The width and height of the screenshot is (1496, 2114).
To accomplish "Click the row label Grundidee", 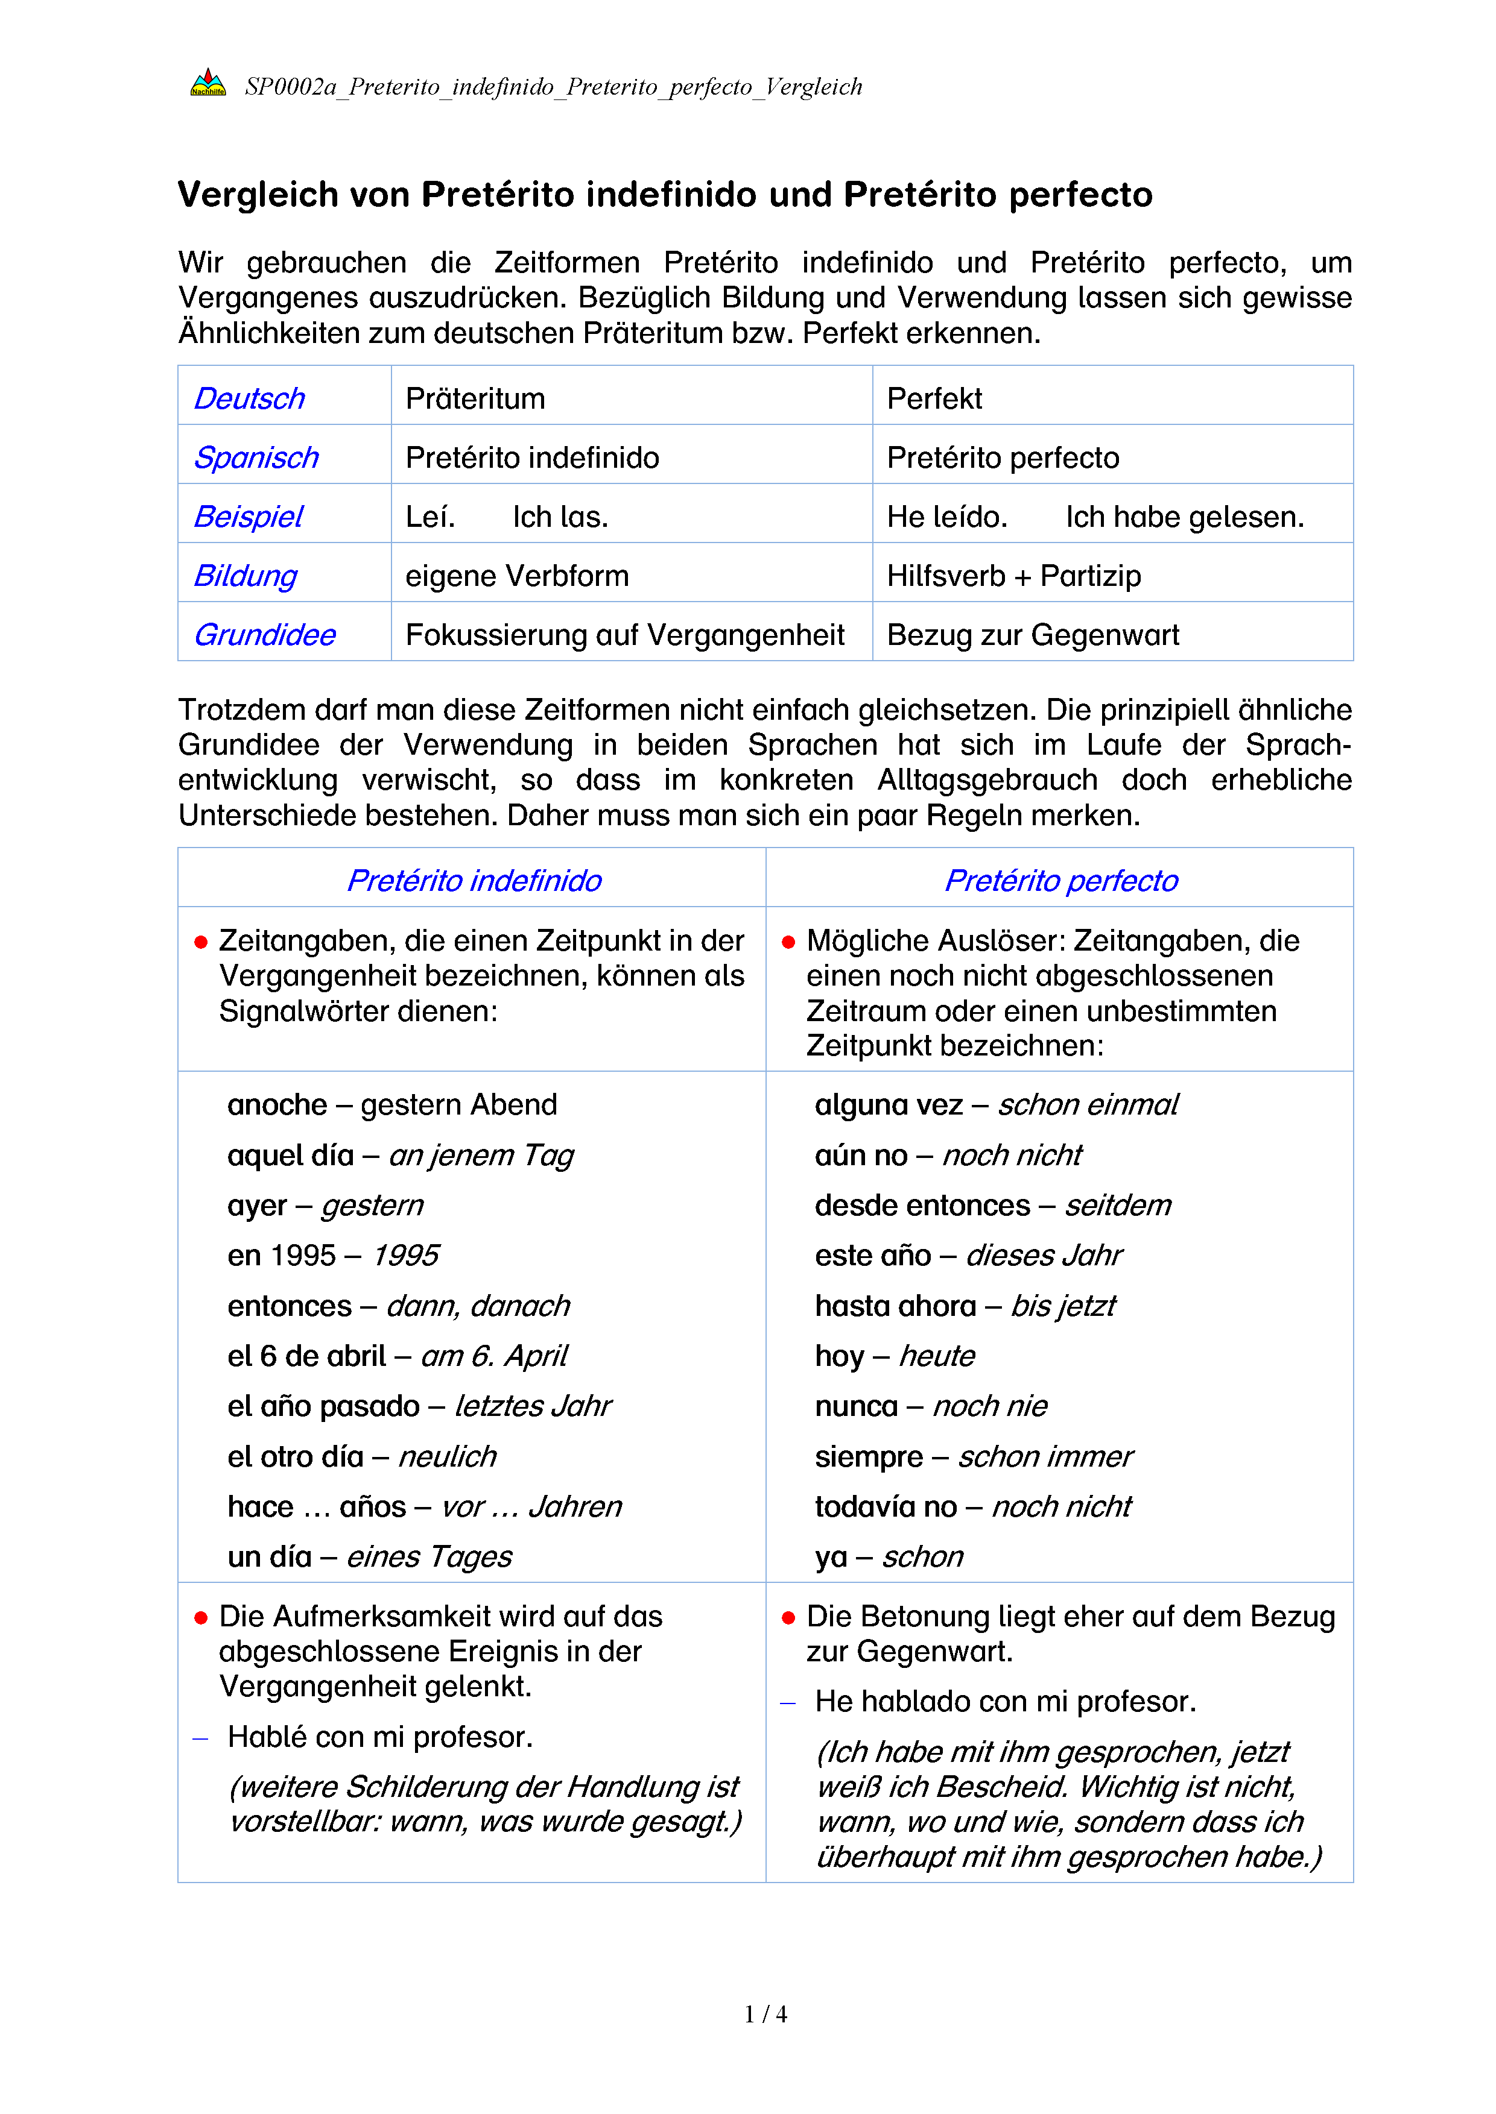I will (x=264, y=634).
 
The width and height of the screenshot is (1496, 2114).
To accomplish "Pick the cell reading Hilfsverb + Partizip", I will (x=1013, y=576).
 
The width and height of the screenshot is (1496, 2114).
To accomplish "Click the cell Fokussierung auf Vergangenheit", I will (x=624, y=634).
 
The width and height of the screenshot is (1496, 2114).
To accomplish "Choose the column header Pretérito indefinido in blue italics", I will (x=474, y=880).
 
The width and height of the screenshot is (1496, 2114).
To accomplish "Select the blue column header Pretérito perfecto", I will (x=1060, y=880).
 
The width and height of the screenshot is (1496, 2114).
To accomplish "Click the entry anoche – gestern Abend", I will (x=393, y=1104).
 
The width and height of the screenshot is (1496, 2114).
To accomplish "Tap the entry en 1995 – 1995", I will (x=334, y=1255).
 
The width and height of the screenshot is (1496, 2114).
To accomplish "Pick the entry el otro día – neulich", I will (x=362, y=1456).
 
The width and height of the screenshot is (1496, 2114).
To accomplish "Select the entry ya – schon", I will (x=888, y=1556).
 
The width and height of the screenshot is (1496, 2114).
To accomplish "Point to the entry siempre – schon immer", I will (x=973, y=1456).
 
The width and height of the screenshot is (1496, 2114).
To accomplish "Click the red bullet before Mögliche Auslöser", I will (x=788, y=942).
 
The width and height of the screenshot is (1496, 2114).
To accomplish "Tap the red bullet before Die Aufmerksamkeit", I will (x=201, y=1618).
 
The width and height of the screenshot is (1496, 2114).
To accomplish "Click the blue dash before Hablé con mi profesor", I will (x=200, y=1738).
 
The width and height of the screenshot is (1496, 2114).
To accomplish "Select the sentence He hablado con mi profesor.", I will (x=1005, y=1700).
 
